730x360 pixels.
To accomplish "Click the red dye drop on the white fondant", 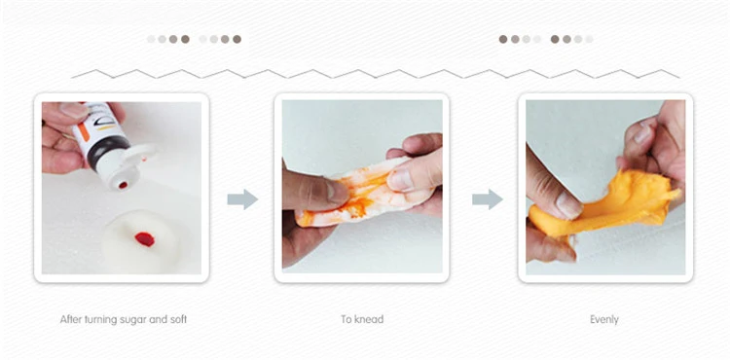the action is click(145, 239).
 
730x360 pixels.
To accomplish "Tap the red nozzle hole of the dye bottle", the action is click(123, 185).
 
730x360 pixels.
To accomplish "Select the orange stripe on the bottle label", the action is click(83, 131).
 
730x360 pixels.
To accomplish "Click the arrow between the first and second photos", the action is click(242, 199).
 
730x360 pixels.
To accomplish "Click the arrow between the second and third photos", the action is click(488, 199).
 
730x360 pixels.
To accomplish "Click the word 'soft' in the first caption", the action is click(177, 319).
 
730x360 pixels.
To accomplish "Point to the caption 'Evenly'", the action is click(604, 319).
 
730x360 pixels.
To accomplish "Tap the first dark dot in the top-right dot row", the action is click(503, 39).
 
